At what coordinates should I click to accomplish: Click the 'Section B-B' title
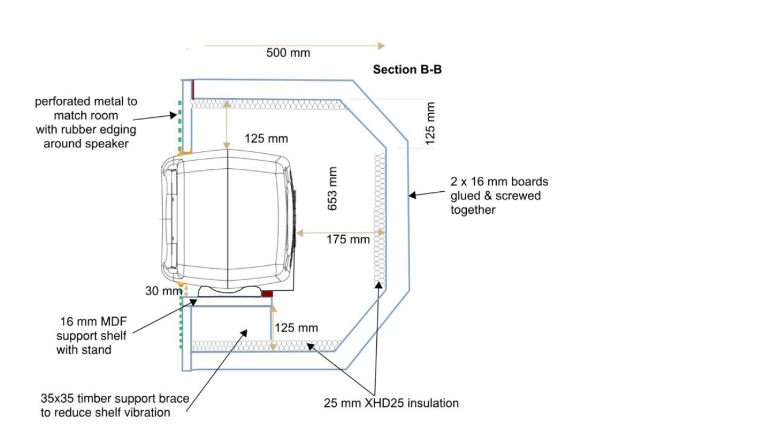pyautogui.click(x=407, y=70)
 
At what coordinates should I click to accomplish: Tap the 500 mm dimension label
pyautogui.click(x=288, y=53)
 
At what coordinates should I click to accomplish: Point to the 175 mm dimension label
pyautogui.click(x=348, y=239)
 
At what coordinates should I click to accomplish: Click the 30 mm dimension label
pyautogui.click(x=163, y=291)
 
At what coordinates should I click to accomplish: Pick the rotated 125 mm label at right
pyautogui.click(x=430, y=123)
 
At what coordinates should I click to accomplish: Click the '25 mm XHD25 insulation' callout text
pyautogui.click(x=391, y=403)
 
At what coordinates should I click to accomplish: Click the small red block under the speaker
pyautogui.click(x=267, y=294)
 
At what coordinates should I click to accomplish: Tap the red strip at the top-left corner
pyautogui.click(x=193, y=89)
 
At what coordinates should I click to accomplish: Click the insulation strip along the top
pyautogui.click(x=269, y=104)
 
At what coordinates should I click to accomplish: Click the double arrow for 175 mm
pyautogui.click(x=340, y=233)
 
